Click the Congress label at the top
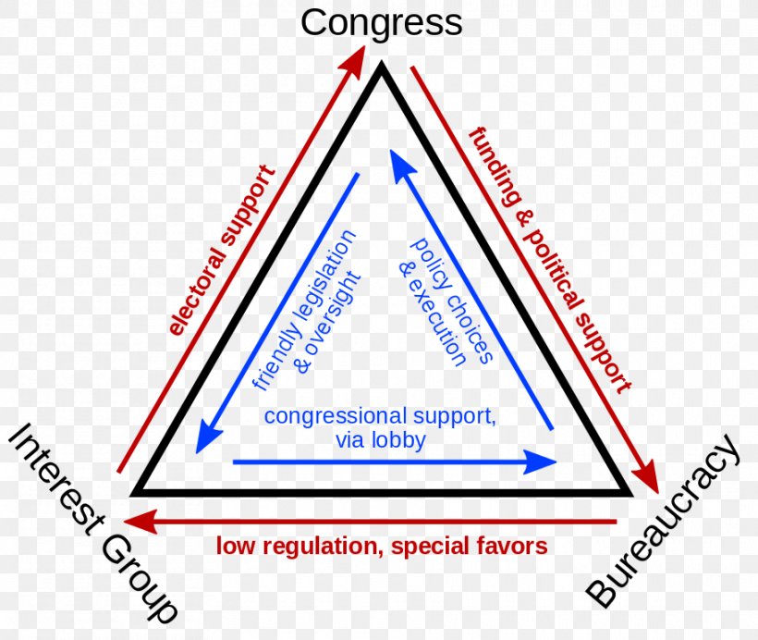tap(382, 23)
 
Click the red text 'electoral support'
tap(222, 251)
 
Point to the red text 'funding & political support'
tap(551, 260)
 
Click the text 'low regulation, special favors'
tap(382, 547)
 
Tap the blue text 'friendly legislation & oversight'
tap(307, 310)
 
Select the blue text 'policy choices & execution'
tap(446, 301)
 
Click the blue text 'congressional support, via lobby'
tap(380, 427)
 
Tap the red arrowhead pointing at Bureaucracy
tap(648, 476)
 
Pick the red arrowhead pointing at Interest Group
tap(141, 522)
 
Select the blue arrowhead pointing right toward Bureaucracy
tap(541, 462)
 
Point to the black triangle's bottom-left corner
tap(131, 496)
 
